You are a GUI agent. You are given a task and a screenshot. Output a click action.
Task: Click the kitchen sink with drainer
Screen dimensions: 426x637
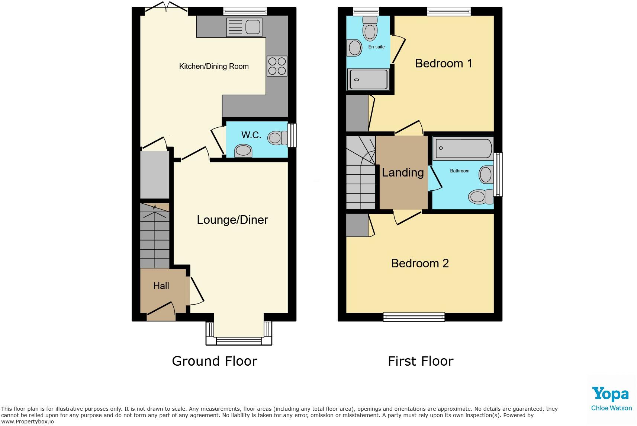point(244,27)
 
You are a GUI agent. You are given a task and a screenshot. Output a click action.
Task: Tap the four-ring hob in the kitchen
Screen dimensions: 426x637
point(277,66)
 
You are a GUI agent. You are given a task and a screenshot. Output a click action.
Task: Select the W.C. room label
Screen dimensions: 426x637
point(251,135)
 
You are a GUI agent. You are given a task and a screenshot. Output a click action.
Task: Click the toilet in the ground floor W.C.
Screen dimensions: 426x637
point(276,138)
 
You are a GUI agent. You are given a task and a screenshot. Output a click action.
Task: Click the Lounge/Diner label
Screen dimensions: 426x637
point(232,220)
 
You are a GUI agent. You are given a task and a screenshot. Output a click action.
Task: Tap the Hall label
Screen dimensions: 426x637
point(161,286)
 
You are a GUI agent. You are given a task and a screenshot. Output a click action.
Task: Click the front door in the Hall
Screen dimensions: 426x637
point(161,311)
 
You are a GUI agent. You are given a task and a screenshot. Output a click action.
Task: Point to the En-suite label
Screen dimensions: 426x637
point(376,47)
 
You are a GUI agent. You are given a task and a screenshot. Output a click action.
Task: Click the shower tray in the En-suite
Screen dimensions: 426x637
point(368,80)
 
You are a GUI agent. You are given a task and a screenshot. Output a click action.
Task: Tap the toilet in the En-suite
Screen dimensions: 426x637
point(370,28)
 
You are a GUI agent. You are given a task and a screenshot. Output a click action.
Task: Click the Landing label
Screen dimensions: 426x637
point(403,172)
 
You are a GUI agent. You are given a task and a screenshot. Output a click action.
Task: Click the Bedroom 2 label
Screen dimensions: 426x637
point(420,263)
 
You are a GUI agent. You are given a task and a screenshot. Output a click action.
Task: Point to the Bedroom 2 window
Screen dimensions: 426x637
point(414,317)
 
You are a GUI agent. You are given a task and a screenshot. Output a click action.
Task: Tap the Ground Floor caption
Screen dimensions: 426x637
point(215,361)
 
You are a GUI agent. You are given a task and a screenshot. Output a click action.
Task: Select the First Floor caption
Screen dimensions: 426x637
point(421,361)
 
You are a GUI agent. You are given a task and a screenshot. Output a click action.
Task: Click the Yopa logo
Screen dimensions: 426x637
point(610,394)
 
